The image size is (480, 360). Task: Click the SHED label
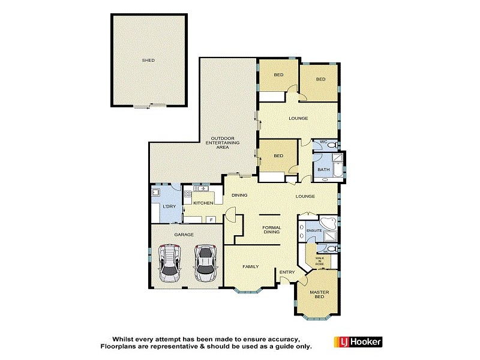(148, 60)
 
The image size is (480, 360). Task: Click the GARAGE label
(184, 235)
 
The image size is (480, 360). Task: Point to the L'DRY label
(169, 207)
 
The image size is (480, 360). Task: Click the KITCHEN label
(203, 203)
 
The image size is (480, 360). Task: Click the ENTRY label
(287, 272)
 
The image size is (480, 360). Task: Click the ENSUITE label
(314, 231)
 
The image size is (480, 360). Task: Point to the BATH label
(323, 170)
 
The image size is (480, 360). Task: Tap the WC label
(323, 142)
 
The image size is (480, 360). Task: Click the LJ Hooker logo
(358, 341)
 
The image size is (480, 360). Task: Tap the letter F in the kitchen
(211, 220)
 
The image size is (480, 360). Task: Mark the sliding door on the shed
(150, 106)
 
